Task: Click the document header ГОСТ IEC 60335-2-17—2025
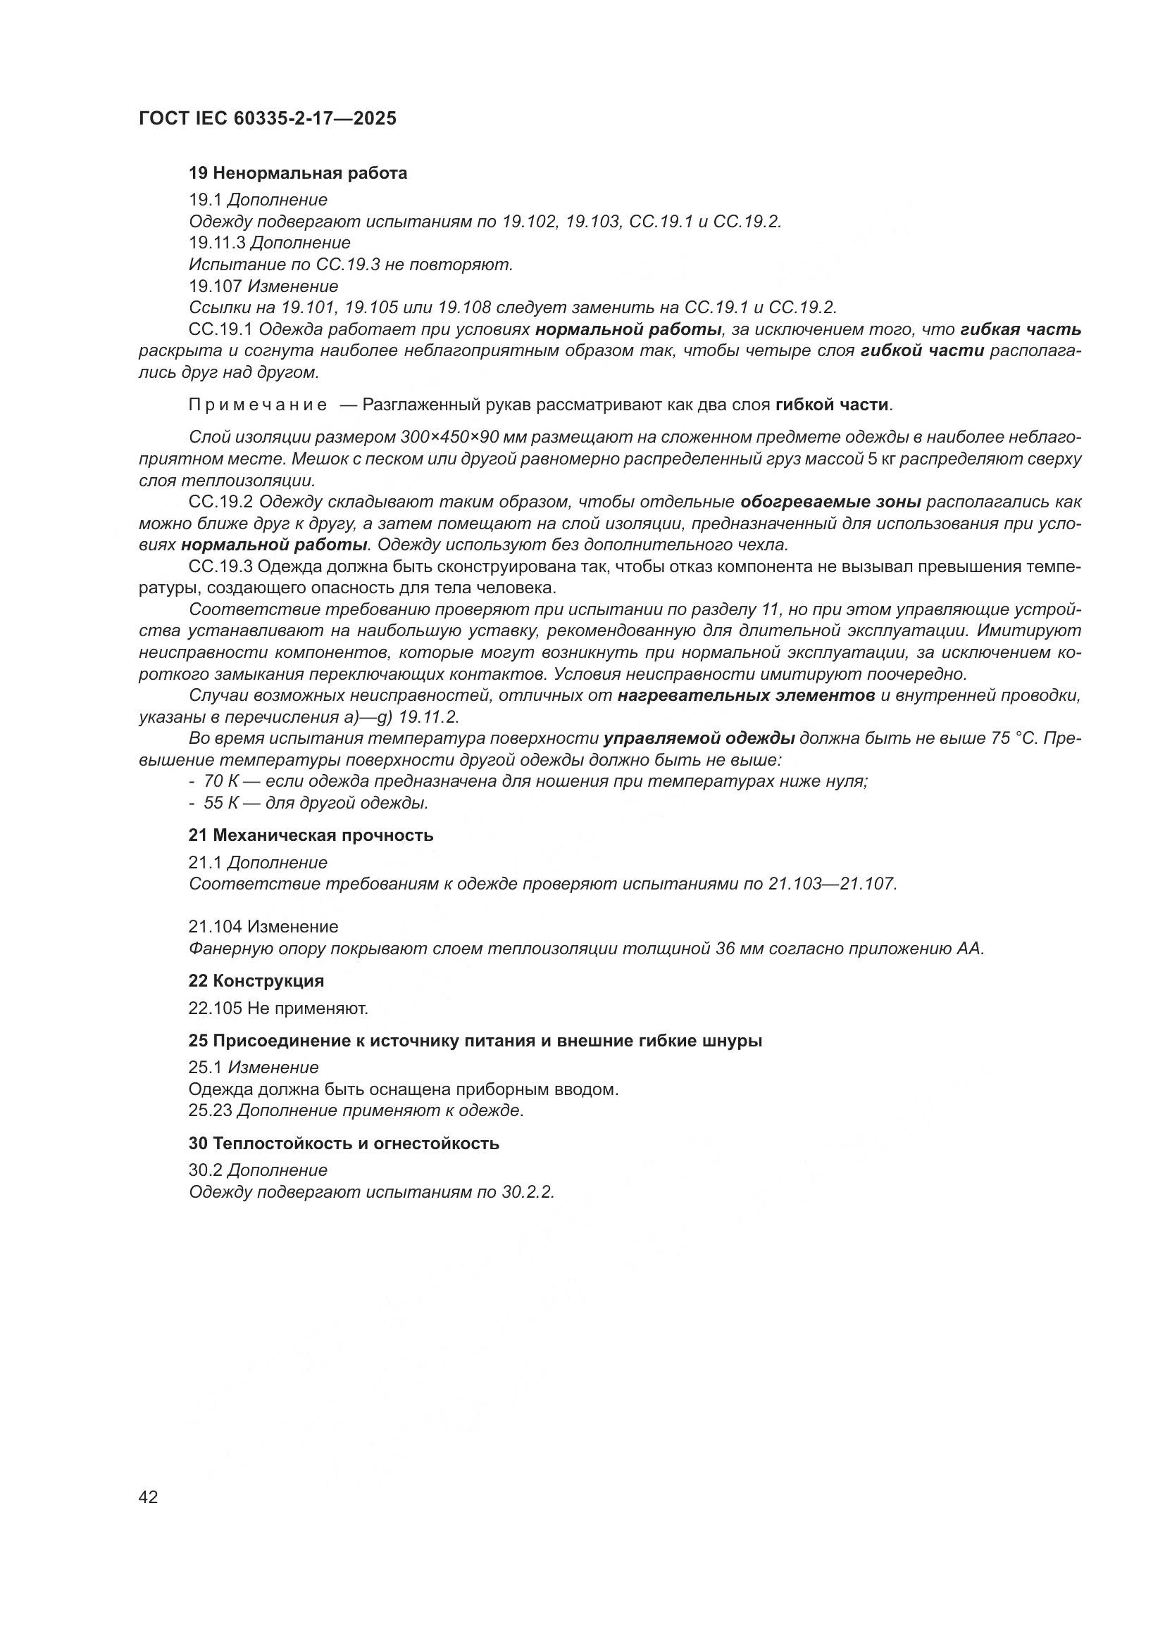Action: tap(267, 119)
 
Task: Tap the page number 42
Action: tap(149, 1497)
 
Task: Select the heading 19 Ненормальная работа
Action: tap(298, 173)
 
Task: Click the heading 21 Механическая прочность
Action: tap(311, 835)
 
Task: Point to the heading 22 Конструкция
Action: tap(256, 981)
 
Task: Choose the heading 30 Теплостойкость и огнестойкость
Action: tap(344, 1144)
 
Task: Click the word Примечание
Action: tap(258, 405)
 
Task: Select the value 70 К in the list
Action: tap(220, 781)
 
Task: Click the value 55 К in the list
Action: tap(220, 803)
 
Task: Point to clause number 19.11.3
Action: tap(217, 243)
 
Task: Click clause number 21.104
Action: tap(216, 927)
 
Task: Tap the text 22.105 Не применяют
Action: tap(278, 1008)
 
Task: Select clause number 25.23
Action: tap(210, 1110)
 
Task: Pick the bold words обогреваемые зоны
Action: tap(830, 502)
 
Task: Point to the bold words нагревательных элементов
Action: tap(746, 695)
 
